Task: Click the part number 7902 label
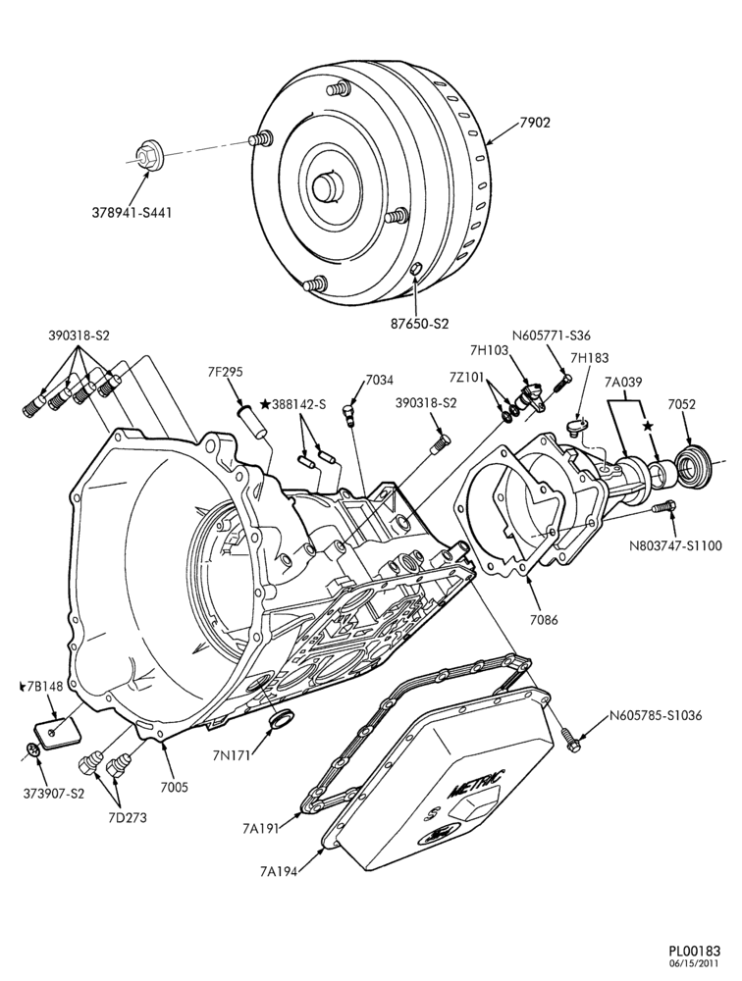535,123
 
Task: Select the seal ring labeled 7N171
281,718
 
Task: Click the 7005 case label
173,787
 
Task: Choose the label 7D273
127,817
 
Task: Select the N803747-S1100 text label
675,545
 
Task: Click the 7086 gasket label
543,620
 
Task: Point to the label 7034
380,381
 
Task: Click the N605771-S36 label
552,336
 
